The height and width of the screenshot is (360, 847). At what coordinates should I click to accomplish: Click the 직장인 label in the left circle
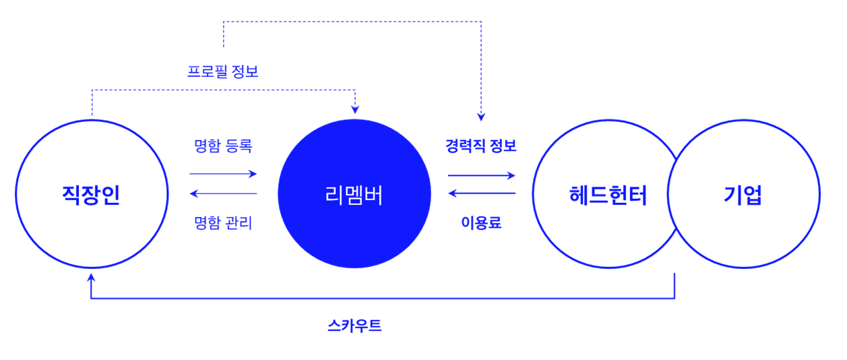91,196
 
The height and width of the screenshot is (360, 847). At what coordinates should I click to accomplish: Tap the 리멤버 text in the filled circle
354,196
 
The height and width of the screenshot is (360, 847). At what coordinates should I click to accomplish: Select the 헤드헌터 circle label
608,196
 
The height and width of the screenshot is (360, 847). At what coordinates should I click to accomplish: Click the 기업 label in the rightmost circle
743,196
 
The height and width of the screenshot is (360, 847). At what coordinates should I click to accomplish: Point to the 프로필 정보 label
223,71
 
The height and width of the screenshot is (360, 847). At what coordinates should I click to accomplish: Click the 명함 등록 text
223,146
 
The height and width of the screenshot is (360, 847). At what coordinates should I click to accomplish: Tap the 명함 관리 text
223,222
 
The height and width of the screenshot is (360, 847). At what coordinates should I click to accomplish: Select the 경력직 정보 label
481,146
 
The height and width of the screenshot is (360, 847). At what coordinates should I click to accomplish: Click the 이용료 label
481,222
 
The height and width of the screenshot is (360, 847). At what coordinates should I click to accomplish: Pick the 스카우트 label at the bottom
354,326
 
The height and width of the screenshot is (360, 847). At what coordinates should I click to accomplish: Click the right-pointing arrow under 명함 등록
223,174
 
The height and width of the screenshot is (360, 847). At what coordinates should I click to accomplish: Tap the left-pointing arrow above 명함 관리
223,194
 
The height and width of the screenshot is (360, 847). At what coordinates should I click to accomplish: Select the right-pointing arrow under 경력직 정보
481,175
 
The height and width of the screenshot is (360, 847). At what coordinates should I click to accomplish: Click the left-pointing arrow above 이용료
481,194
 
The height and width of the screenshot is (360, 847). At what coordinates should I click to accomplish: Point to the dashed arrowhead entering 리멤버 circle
355,109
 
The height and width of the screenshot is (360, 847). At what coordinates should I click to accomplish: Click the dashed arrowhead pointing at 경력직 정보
481,116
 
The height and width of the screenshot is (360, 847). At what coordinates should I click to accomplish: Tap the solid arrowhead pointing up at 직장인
91,276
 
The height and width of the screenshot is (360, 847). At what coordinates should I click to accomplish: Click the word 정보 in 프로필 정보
245,71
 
